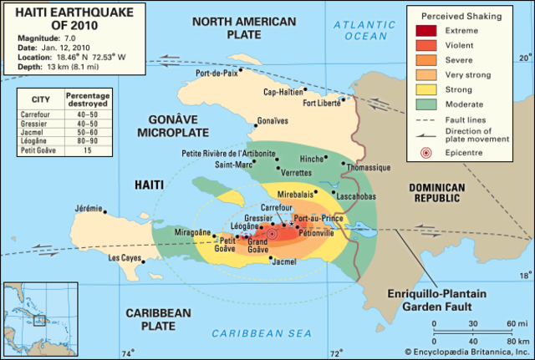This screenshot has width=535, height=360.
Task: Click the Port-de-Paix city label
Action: pos(216,73)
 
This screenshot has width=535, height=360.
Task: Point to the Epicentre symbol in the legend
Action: pos(427,153)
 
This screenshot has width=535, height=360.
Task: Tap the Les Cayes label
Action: pos(125,258)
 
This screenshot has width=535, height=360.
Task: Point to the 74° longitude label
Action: pos(126,352)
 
